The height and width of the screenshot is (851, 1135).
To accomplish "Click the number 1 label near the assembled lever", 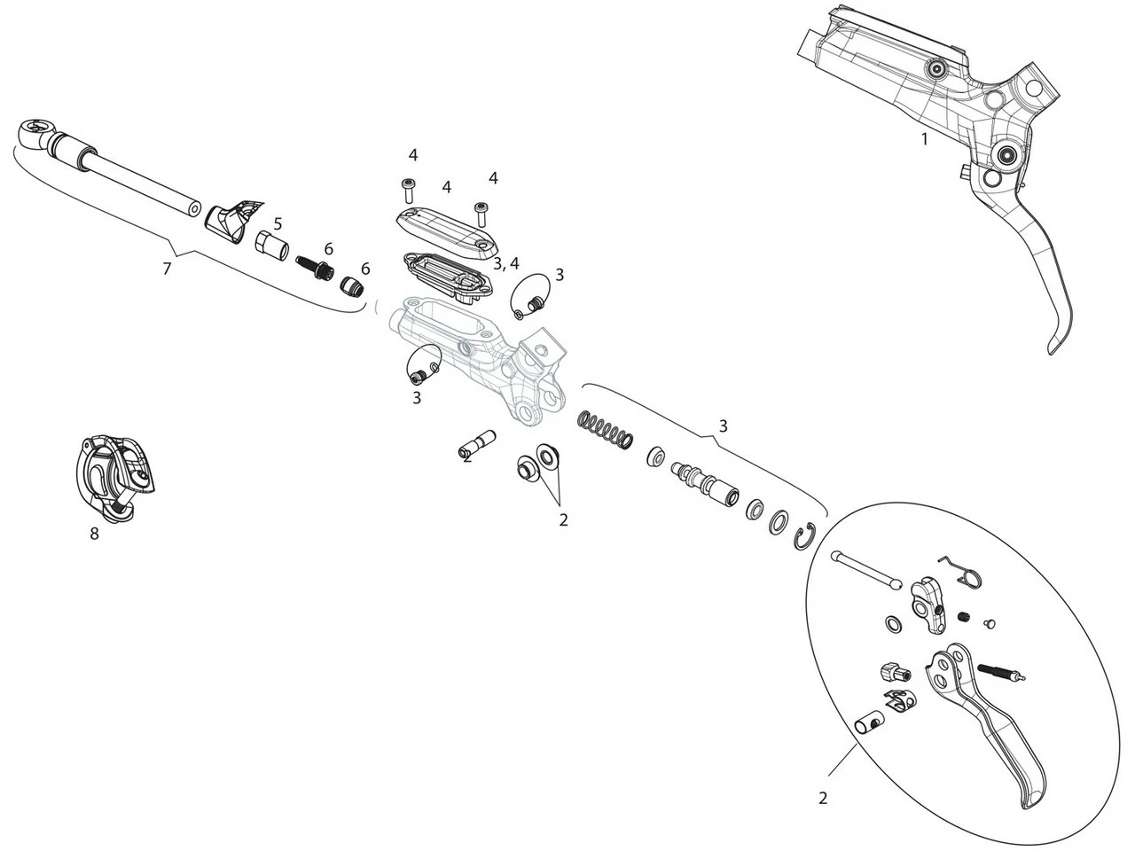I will [925, 139].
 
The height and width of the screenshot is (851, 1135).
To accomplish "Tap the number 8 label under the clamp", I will [95, 534].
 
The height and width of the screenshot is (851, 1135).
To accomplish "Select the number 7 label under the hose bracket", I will [167, 268].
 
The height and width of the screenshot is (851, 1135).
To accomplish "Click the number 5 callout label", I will [278, 223].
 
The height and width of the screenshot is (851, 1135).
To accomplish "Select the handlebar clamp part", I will [115, 472].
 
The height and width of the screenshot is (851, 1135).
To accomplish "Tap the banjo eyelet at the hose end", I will [34, 134].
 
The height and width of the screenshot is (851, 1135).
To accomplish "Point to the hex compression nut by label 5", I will [272, 244].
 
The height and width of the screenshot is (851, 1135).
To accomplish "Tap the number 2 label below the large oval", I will [822, 799].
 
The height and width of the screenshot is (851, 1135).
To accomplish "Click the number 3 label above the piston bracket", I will [723, 426].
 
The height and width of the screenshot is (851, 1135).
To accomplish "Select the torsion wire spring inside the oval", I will [961, 571].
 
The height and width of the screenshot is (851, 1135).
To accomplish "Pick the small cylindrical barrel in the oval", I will [868, 724].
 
